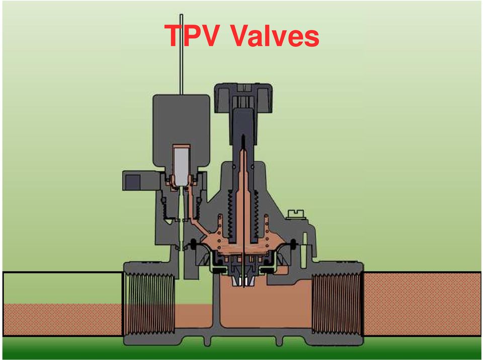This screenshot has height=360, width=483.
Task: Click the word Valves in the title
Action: (275, 35)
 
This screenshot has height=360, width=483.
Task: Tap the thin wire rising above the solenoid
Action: (181, 54)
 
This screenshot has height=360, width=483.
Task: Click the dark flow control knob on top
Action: (244, 99)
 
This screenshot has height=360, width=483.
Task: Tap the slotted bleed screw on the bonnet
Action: (296, 214)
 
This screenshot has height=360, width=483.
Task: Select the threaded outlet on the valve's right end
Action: (337, 304)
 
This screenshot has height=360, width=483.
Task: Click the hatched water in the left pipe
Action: (63, 319)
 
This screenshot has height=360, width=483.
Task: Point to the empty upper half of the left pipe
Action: (63, 289)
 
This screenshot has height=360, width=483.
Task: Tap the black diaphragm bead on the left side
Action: (194, 244)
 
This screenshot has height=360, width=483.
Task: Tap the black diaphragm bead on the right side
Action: (293, 244)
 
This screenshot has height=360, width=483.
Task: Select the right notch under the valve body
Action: (279, 341)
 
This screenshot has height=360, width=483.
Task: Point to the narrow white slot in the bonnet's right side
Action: (305, 241)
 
